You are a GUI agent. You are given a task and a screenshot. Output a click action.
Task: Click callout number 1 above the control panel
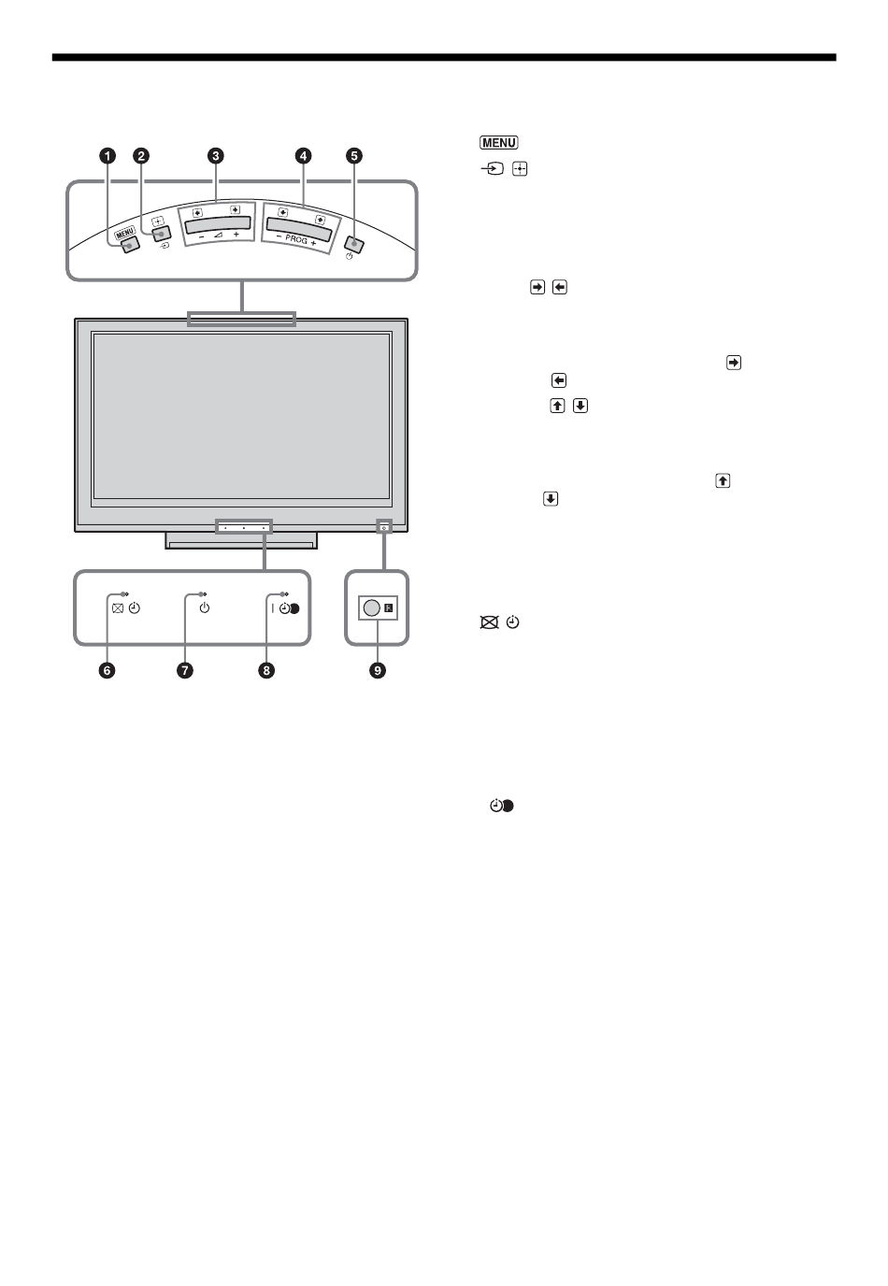108,156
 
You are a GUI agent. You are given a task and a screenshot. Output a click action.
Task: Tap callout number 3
216,156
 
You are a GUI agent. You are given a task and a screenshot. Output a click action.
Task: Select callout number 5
354,156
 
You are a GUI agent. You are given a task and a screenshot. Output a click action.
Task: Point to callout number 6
108,670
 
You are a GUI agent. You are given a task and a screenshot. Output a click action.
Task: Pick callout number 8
268,670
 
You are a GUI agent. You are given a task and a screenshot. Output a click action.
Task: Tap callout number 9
378,670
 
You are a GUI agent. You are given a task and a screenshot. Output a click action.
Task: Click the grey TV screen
241,416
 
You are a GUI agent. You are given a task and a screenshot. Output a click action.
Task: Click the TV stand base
241,540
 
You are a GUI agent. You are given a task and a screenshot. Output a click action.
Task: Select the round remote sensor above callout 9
371,607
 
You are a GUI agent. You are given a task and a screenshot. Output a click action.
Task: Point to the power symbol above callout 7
205,608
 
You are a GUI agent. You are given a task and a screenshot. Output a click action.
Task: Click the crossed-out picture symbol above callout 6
117,608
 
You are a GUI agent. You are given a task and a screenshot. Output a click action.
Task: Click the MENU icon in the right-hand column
498,143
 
